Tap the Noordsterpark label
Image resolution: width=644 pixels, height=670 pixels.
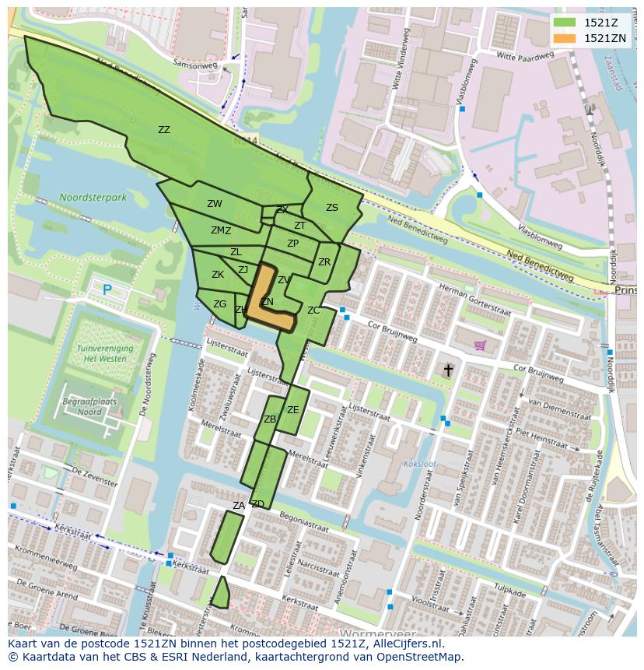[93, 198]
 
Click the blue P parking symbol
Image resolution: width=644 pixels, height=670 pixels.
[107, 290]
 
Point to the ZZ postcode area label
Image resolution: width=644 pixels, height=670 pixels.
[163, 130]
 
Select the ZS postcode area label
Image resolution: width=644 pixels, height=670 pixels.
[332, 208]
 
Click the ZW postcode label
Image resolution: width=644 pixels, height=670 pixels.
[215, 204]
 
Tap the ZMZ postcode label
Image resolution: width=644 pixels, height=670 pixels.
[221, 230]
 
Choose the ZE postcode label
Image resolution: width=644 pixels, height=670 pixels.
[292, 410]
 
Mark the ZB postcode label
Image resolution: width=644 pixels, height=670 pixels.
[270, 419]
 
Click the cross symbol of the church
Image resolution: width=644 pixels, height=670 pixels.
[448, 370]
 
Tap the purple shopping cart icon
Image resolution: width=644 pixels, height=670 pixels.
[480, 345]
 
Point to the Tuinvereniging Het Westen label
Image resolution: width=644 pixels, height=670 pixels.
[105, 354]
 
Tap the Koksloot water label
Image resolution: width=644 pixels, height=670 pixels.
[420, 464]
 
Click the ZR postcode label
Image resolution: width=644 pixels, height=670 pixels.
[324, 262]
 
